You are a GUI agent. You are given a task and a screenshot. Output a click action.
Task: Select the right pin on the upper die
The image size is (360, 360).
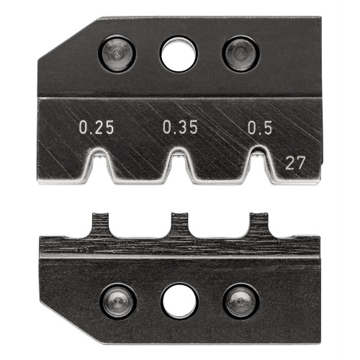point(239,54)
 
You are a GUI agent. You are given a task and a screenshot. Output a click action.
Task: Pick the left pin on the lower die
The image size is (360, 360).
point(117,298)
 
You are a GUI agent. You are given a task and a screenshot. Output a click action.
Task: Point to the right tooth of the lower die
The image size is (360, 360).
point(258,225)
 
